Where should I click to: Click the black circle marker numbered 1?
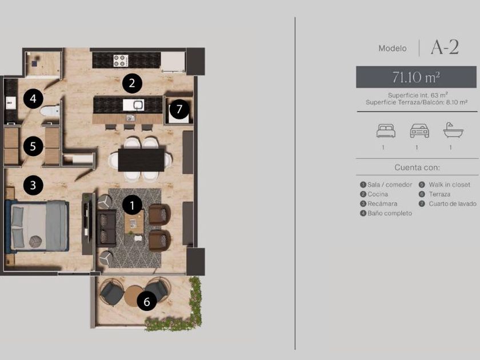tap(132, 205)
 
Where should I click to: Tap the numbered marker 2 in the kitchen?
tap(132, 83)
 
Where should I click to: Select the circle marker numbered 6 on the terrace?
tap(147, 301)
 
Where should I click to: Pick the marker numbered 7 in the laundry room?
tap(179, 109)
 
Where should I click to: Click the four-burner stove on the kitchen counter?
tap(121, 61)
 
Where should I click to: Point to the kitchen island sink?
tap(134, 105)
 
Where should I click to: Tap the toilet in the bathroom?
tap(50, 111)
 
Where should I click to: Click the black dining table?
tap(141, 160)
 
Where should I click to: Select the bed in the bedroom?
tap(37, 226)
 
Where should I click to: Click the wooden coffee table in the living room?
tap(134, 222)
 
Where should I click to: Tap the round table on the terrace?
tap(134, 296)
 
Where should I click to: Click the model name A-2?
tap(445, 47)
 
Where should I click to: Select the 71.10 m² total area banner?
tap(417, 77)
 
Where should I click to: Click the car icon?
tap(419, 131)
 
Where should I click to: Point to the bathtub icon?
tap(453, 130)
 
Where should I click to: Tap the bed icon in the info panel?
tap(386, 131)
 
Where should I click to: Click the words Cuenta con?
tap(417, 167)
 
